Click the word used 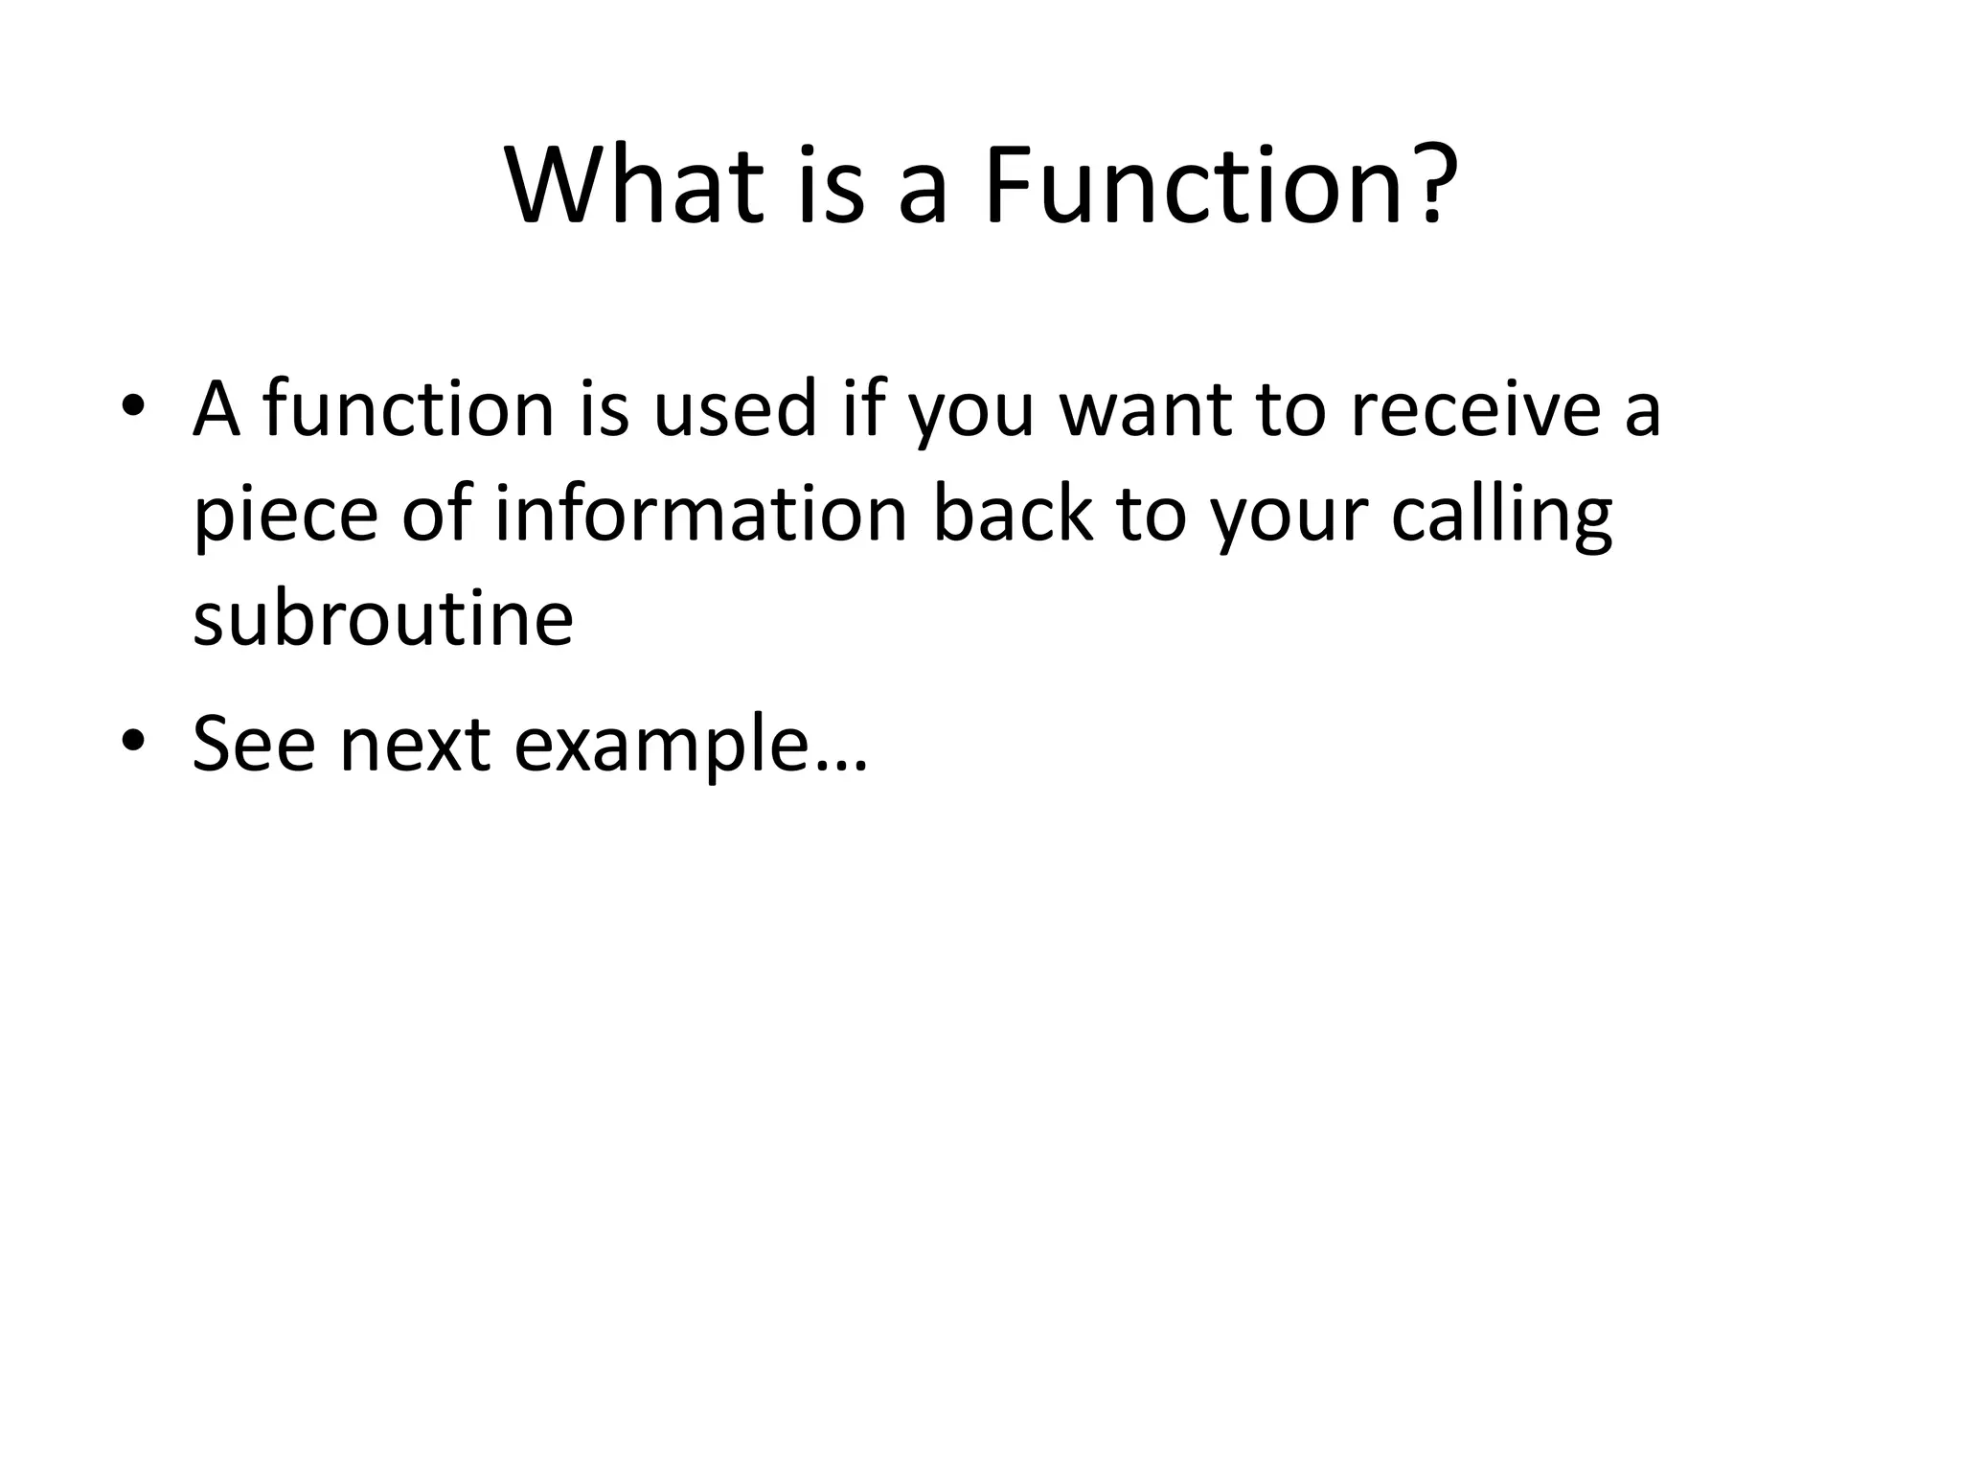pos(734,408)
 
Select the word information pos(700,513)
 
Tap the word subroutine pos(382,618)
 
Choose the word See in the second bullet pos(253,743)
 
